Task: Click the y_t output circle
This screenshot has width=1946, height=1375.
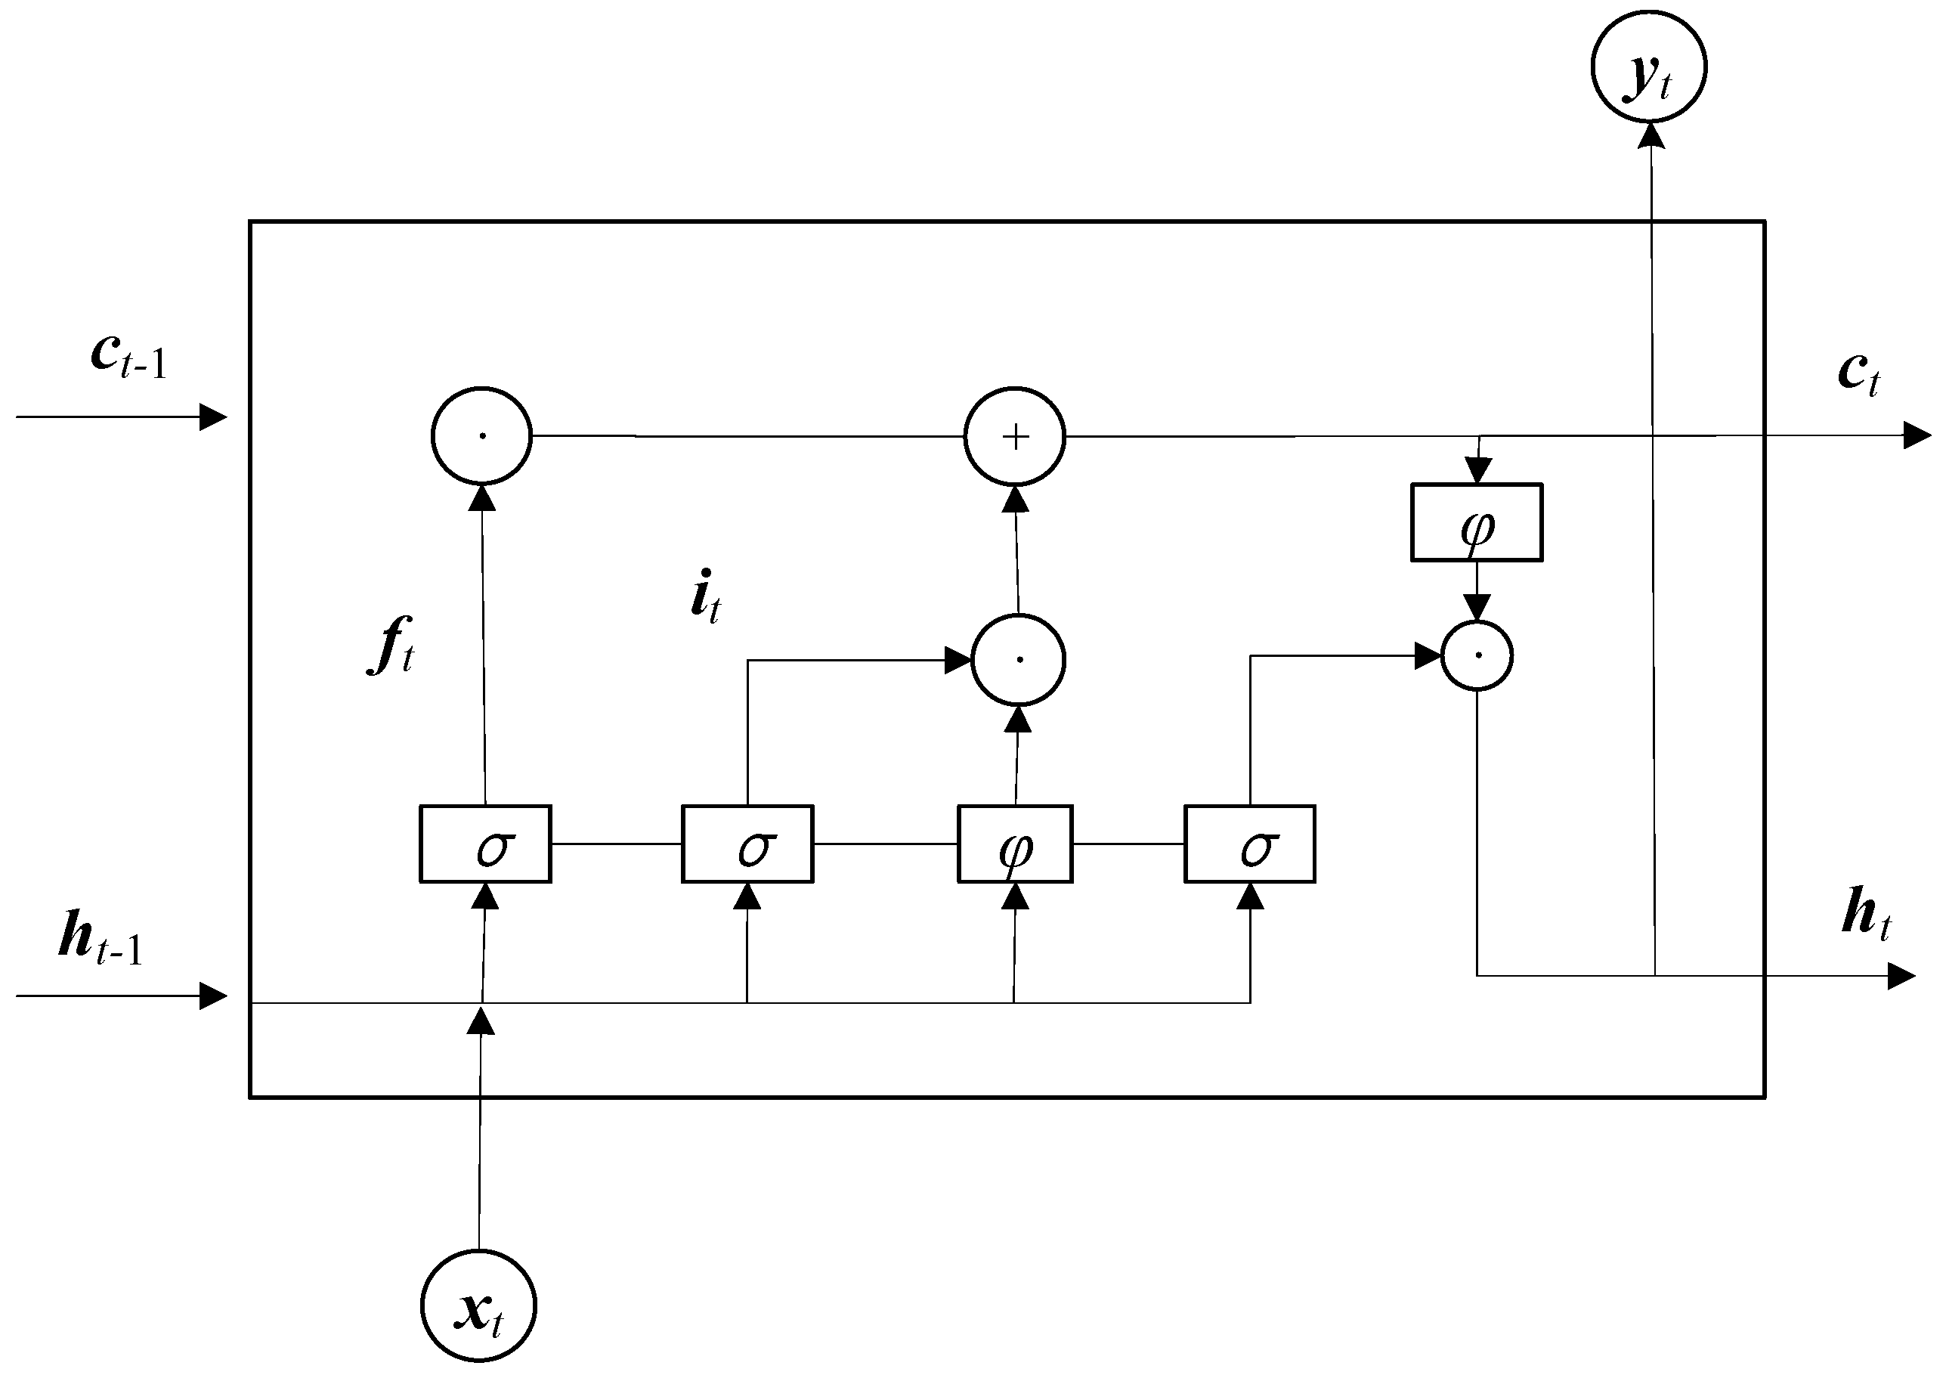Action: point(1648,66)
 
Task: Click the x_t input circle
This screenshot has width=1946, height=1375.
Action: point(479,1306)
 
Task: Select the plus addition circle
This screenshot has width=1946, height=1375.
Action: point(1014,437)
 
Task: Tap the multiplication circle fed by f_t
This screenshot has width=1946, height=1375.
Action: point(481,435)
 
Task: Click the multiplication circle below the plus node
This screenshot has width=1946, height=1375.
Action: point(1018,659)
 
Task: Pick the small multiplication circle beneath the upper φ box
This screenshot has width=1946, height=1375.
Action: point(1477,655)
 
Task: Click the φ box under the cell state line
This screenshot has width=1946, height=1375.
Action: point(1477,522)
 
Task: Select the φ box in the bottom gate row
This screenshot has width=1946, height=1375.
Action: point(1014,844)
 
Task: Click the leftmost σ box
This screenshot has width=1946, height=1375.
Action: point(486,844)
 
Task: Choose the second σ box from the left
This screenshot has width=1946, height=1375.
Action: point(747,844)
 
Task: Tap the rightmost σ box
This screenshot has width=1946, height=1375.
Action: point(1249,844)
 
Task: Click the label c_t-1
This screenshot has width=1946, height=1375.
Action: point(127,356)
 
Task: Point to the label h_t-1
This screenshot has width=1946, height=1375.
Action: point(100,940)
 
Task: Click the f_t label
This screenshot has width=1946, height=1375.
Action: point(391,647)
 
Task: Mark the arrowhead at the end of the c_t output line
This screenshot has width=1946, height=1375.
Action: point(1917,435)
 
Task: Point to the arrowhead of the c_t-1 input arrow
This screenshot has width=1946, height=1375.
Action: point(214,417)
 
